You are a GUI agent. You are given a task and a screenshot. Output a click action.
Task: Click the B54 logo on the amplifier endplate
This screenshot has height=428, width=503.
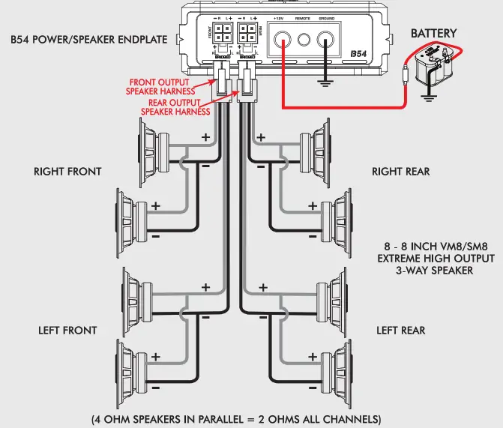[x=361, y=54]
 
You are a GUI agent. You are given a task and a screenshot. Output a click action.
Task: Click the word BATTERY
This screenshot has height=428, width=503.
[x=433, y=34]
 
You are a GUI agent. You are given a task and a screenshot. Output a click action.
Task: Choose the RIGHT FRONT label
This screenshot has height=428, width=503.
[x=67, y=172]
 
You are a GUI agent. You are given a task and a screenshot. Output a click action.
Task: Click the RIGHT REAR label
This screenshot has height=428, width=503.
[x=400, y=172]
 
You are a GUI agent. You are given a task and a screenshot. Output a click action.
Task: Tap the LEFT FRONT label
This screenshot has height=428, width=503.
[x=67, y=330]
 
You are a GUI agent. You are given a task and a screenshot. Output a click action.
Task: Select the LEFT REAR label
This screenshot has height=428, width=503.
[x=400, y=330]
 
